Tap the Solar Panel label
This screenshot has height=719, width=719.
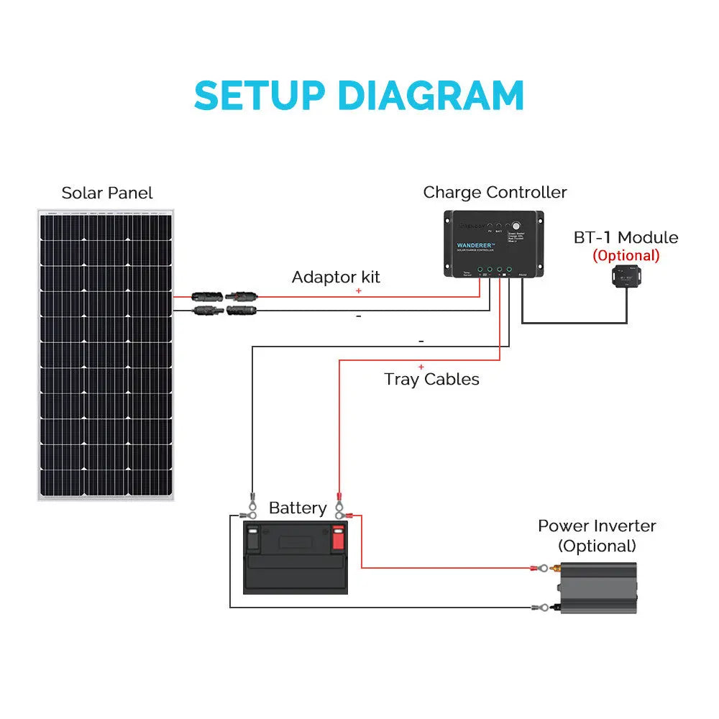coord(107,193)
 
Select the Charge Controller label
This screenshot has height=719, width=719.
coord(495,192)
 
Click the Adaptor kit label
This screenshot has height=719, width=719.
coord(336,277)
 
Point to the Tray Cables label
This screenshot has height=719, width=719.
coord(431,379)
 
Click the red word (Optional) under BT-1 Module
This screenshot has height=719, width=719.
coord(626,255)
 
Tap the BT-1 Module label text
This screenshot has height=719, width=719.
coord(626,237)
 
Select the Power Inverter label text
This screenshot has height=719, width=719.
coord(597,526)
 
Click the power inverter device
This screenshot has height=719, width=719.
coord(598,587)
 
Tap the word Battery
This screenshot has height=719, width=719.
coord(297,508)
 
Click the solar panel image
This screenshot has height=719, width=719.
coord(106,354)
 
